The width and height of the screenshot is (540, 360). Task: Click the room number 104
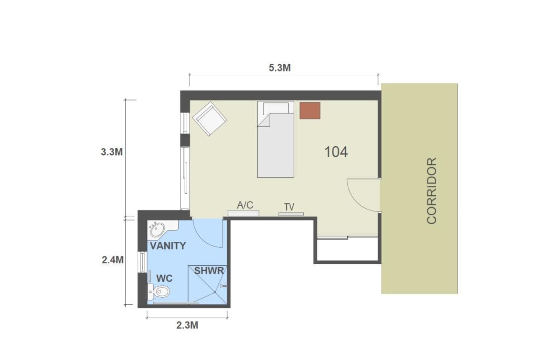pyautogui.click(x=336, y=152)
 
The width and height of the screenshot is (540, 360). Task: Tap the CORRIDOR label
pyautogui.click(x=431, y=191)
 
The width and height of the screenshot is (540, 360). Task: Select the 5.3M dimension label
pyautogui.click(x=280, y=68)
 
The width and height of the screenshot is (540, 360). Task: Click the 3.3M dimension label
pyautogui.click(x=112, y=152)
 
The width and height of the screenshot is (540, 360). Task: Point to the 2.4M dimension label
pyautogui.click(x=112, y=260)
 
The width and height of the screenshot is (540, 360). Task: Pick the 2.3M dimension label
pyautogui.click(x=187, y=325)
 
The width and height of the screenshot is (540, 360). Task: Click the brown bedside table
pyautogui.click(x=310, y=110)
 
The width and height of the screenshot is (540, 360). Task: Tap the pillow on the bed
pyautogui.click(x=276, y=108)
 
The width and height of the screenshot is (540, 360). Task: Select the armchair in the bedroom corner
pyautogui.click(x=210, y=119)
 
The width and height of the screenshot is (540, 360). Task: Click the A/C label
pyautogui.click(x=245, y=205)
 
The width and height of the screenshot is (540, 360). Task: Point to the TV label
pyautogui.click(x=290, y=207)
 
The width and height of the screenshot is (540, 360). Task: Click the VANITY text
pyautogui.click(x=168, y=246)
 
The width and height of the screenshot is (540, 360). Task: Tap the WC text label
pyautogui.click(x=165, y=279)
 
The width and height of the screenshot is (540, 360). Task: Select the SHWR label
pyautogui.click(x=209, y=271)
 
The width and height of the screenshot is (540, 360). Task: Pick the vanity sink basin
pyautogui.click(x=158, y=230)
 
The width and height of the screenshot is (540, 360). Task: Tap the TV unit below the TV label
pyautogui.click(x=291, y=214)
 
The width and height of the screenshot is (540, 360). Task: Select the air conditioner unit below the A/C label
pyautogui.click(x=243, y=213)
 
